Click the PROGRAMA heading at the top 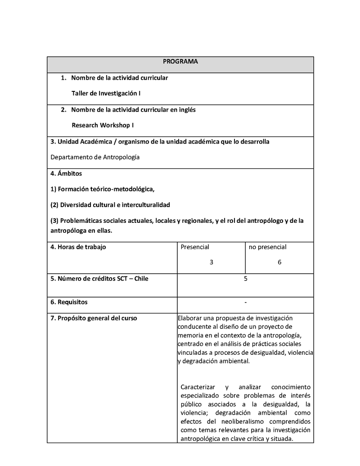180,62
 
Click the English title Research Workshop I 103,125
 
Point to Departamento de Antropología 95,157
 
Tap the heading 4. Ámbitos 66,173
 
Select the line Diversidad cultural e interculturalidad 110,205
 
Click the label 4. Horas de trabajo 78,247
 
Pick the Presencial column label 195,247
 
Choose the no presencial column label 267,247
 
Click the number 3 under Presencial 211,262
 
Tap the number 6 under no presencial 279,262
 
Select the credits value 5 245,278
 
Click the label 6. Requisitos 69,302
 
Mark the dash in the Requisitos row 245,302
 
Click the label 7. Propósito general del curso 94,318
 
